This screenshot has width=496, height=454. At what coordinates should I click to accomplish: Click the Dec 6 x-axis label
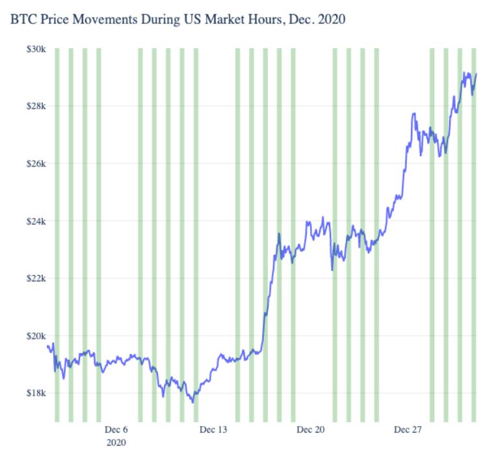click(117, 430)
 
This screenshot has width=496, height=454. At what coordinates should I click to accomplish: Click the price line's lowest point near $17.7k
click(193, 402)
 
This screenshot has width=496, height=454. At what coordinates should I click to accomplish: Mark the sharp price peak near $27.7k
click(414, 114)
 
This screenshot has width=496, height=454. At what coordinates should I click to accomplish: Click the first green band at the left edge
click(57, 234)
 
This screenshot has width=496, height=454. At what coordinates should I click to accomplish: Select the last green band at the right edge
click(474, 234)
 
